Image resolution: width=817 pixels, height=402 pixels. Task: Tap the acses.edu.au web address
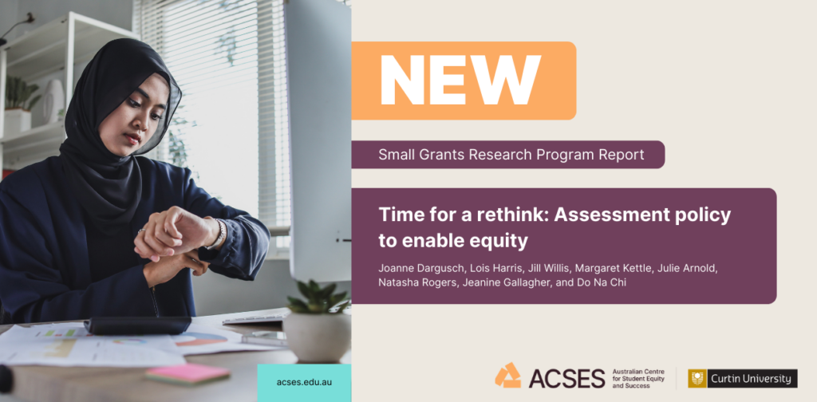coord(304,382)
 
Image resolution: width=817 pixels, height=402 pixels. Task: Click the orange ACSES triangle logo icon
coord(507,375)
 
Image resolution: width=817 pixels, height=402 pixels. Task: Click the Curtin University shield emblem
coord(697,379)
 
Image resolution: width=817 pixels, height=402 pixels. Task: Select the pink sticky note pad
coord(187,373)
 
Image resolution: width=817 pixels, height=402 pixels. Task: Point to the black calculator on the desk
coord(137,325)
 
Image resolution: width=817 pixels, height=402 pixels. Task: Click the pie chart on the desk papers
coord(199,339)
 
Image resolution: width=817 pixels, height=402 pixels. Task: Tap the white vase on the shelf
coord(53,100)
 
